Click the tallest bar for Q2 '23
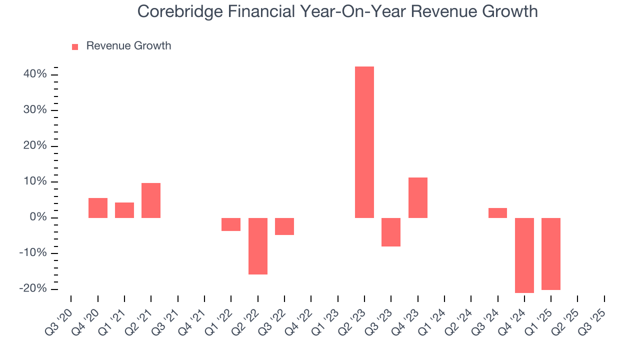364,142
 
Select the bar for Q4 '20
98,208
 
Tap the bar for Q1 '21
124,210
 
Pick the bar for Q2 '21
151,200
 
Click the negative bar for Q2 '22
258,246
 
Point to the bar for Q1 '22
231,224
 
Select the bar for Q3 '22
284,226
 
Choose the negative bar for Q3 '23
391,232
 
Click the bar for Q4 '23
418,197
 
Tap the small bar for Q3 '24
497,213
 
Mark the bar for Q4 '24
524,255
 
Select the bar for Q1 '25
551,253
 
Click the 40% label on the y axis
35,74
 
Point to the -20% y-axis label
33,289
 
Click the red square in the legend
75,47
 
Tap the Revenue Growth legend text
128,46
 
